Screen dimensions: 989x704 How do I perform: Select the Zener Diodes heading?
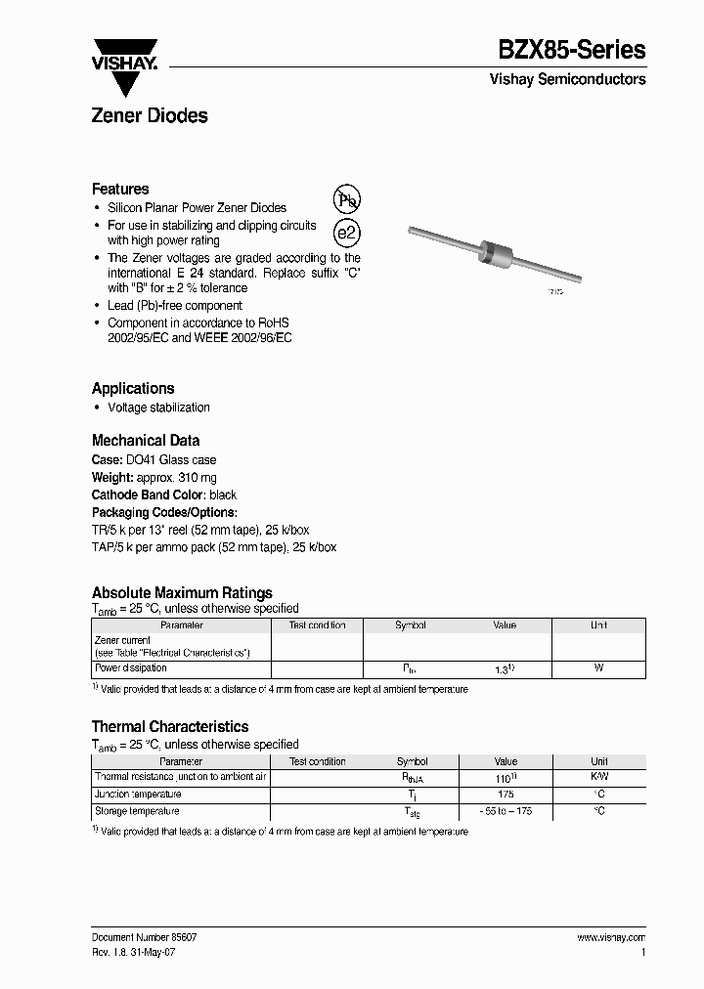150,115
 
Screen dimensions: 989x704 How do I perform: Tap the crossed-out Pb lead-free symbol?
347,200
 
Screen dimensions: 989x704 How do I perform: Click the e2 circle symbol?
347,233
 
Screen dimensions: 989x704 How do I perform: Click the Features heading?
120,189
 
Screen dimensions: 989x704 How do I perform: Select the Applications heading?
133,388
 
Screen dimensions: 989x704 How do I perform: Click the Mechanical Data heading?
146,440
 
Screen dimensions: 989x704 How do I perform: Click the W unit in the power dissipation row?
598,668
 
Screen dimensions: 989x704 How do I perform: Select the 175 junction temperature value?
506,795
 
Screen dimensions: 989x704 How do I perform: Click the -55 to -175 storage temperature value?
506,812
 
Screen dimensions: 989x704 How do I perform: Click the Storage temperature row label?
137,811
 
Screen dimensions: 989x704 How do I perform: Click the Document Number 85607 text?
145,937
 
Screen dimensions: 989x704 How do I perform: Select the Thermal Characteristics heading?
170,726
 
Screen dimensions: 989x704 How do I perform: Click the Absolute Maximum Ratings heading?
182,592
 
